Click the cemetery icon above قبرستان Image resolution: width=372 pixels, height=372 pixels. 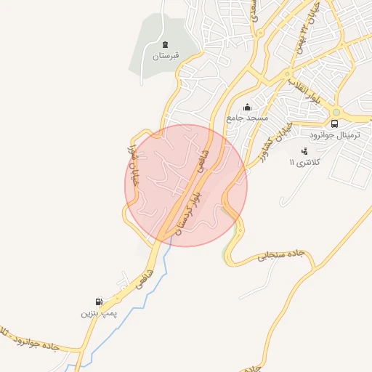pos(165,45)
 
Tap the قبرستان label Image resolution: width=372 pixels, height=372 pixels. pos(165,56)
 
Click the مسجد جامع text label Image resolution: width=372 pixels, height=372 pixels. pos(247,117)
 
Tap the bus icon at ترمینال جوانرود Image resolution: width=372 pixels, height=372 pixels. pos(334,124)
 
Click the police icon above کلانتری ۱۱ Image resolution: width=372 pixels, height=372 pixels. pos(304,151)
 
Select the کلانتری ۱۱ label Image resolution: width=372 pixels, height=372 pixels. pos(303,161)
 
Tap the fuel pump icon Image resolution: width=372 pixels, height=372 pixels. pos(98,302)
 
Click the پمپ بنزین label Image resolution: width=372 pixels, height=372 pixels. pos(98,313)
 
